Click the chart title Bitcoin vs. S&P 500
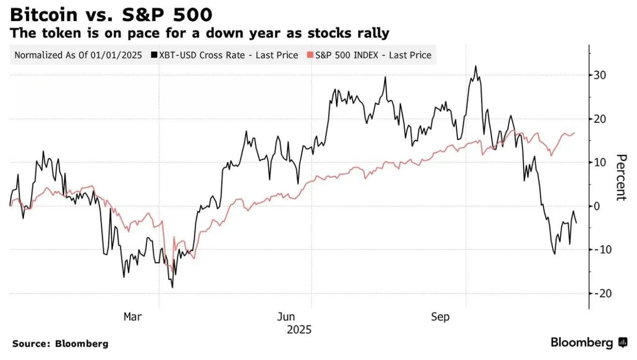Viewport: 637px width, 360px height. (x=111, y=15)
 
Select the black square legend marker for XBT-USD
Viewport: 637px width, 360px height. (x=153, y=55)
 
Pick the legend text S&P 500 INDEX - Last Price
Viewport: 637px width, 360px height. (x=373, y=55)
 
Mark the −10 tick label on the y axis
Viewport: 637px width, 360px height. (x=602, y=250)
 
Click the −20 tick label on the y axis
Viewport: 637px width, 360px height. (x=602, y=293)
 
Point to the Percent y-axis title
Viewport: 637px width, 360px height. (x=621, y=177)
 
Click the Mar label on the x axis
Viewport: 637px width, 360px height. (x=132, y=317)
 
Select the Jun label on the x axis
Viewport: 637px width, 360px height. (x=286, y=317)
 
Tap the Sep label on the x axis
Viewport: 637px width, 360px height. (x=440, y=317)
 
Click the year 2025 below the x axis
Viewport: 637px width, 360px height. (x=299, y=330)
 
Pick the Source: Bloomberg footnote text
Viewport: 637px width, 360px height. (x=60, y=344)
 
